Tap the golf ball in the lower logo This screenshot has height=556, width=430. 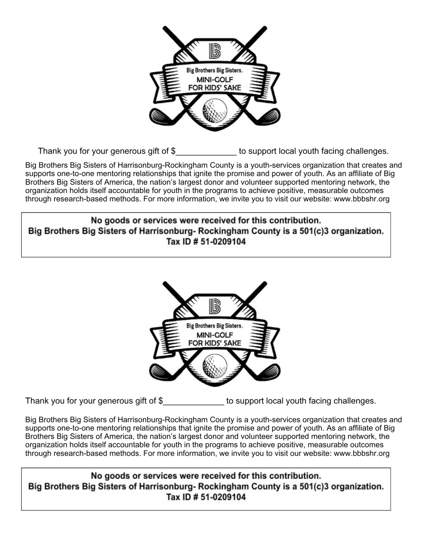(x=215, y=367)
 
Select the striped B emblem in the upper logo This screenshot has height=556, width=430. (x=215, y=51)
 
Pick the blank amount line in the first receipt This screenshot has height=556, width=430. (x=206, y=155)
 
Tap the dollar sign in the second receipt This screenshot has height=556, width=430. (x=161, y=401)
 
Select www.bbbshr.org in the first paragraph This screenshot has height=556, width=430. (x=361, y=199)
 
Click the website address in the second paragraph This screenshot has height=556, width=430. (x=361, y=453)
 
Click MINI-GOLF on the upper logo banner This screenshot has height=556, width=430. (x=215, y=79)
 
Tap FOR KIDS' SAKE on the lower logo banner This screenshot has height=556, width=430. (x=215, y=343)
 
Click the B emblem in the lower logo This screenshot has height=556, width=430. (x=215, y=306)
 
